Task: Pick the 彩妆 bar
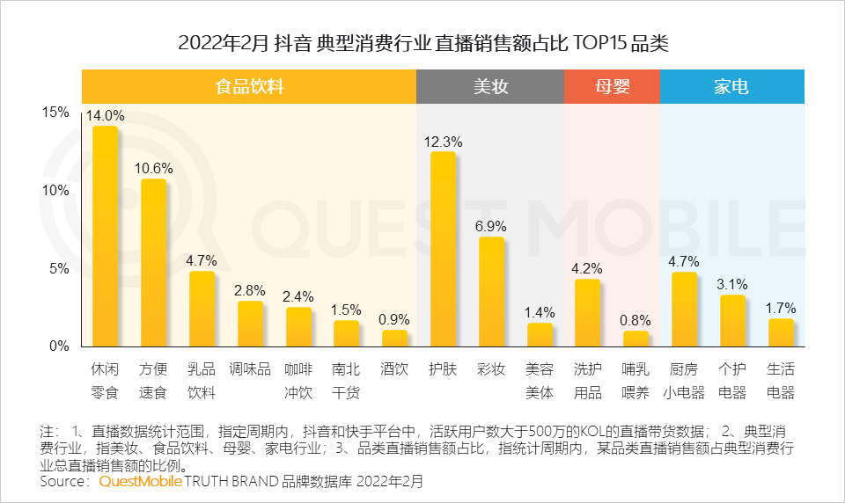(490, 291)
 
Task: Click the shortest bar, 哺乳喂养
(635, 339)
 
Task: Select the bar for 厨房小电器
(683, 309)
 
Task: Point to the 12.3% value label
(443, 142)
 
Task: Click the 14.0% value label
(106, 115)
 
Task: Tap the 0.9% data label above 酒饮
(394, 319)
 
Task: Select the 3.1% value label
(731, 284)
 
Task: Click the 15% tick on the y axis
(55, 113)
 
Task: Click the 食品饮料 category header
(249, 87)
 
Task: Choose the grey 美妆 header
(490, 87)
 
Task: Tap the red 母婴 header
(611, 87)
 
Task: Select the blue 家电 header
(731, 87)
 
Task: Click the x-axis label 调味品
(250, 369)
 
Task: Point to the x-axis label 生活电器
(780, 380)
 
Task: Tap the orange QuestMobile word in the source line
(140, 482)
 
